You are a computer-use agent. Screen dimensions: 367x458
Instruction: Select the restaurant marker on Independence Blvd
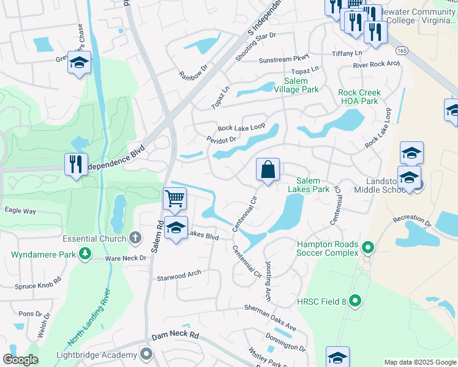(76, 165)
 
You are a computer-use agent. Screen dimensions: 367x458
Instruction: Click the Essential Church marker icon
(137, 239)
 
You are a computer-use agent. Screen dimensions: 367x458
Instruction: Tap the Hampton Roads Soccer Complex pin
(367, 248)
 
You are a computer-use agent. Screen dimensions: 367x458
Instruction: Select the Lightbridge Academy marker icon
(146, 354)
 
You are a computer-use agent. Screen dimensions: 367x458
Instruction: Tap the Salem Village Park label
(301, 85)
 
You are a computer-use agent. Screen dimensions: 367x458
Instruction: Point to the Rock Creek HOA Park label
(359, 97)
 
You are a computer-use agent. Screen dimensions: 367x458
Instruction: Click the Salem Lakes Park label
(313, 185)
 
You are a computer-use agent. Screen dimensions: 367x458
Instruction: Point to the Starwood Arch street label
(179, 275)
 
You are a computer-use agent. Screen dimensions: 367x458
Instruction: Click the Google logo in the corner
(21, 360)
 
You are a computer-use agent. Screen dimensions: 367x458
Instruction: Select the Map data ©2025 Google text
(419, 362)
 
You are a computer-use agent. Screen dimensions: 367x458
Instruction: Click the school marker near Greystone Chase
(78, 63)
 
